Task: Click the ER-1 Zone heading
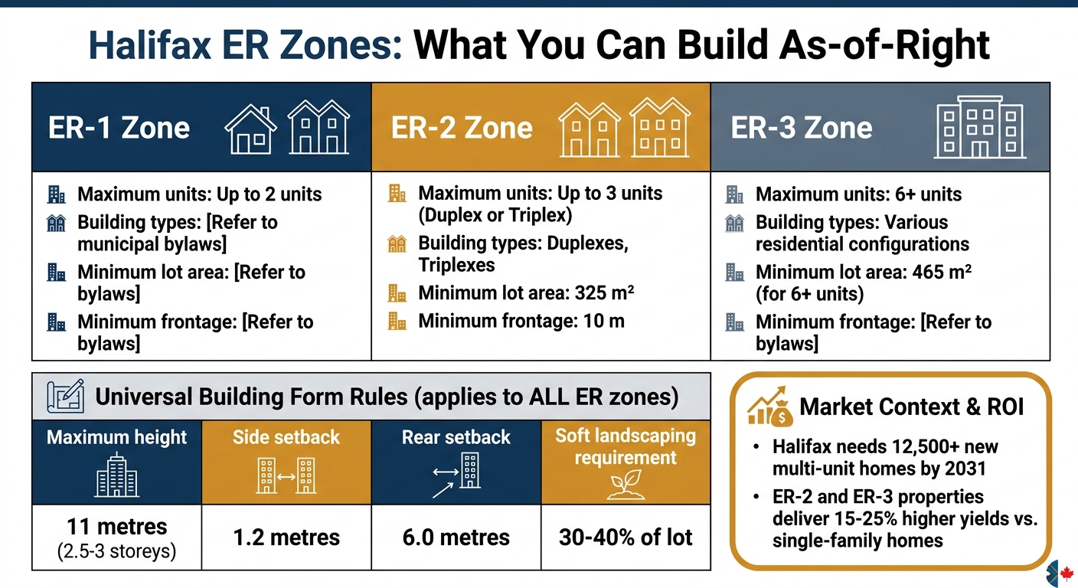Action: coord(119,127)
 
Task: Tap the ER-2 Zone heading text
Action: coord(462,127)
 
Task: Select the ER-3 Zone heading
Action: coord(802,127)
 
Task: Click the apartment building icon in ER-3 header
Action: coord(980,127)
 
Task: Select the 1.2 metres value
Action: coord(286,537)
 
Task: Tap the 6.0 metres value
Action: coord(456,537)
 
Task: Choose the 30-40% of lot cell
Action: coord(626,537)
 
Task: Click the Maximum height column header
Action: coord(117,437)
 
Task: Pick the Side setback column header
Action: coord(286,437)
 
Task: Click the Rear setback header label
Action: coord(456,437)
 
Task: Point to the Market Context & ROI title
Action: coord(911,407)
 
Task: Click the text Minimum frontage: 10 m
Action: coord(521,321)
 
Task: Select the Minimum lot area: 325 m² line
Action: coord(527,293)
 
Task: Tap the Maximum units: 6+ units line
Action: coord(858,194)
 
